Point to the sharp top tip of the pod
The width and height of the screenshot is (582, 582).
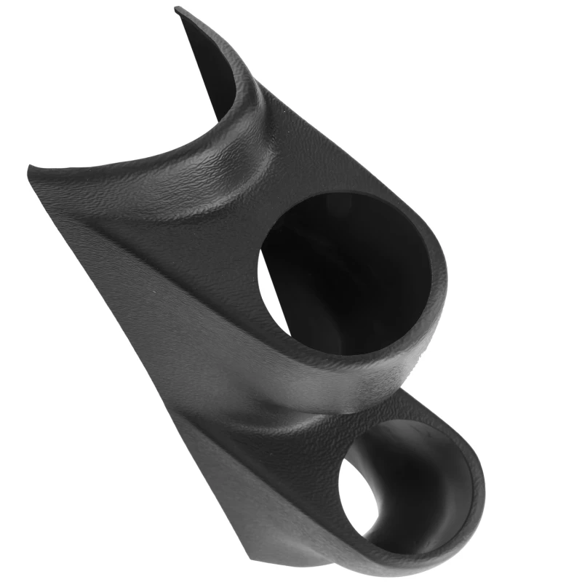[x=177, y=9]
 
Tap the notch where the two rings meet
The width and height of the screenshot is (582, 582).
[x=407, y=389]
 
